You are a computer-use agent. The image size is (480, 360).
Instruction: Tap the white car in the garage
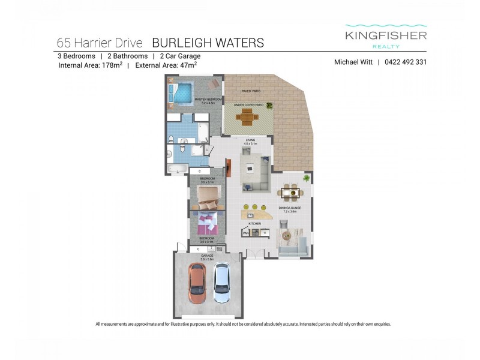pos(221,283)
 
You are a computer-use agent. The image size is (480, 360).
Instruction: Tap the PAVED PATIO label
pos(251,91)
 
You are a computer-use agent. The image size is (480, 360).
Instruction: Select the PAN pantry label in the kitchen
pos(246,233)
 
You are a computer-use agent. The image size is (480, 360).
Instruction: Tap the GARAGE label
pos(207,256)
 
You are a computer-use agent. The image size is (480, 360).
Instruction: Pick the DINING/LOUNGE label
pos(289,209)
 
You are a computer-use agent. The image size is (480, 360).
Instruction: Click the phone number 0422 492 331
pos(406,62)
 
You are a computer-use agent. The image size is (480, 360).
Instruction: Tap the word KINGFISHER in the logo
pos(386,35)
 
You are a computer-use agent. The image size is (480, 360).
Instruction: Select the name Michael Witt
pos(353,62)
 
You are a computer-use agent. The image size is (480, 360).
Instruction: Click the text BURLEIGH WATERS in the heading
pos(208,43)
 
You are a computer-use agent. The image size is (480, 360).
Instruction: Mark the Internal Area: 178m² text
pos(90,66)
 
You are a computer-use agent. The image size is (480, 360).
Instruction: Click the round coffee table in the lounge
pos(287,236)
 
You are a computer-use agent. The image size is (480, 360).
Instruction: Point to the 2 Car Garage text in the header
pos(180,56)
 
